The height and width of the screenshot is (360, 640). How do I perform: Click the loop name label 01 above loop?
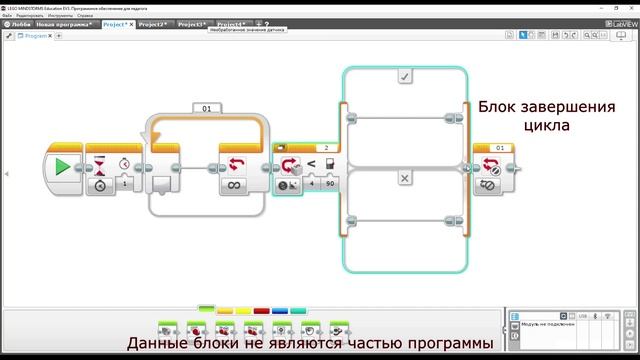coord(208,108)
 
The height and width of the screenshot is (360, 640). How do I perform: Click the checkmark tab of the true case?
coord(404,76)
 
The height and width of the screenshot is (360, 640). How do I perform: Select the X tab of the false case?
coord(404,178)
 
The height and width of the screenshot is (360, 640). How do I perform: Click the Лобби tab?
coord(19,23)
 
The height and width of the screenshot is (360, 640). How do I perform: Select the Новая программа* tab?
coord(66,23)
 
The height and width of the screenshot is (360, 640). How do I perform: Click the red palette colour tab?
coord(262,310)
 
